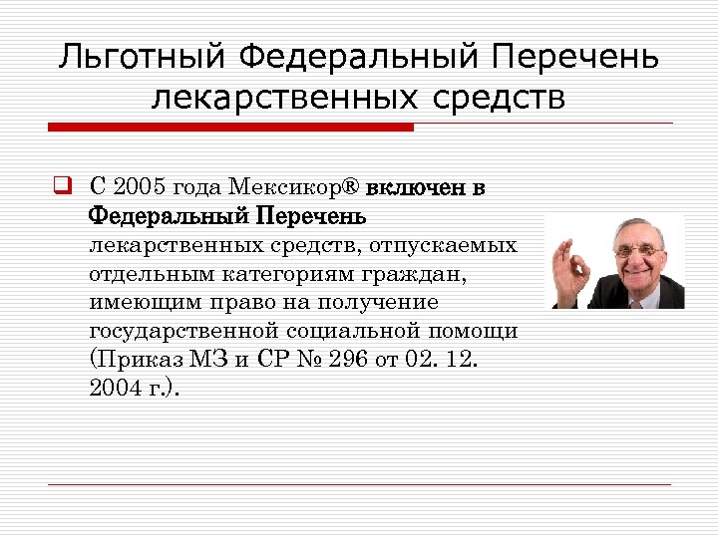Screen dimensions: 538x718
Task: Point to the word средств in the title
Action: click(499, 98)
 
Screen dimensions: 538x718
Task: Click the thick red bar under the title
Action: click(230, 127)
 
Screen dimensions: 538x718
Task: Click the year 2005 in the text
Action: click(143, 186)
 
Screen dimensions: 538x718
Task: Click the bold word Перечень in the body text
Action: click(312, 215)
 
